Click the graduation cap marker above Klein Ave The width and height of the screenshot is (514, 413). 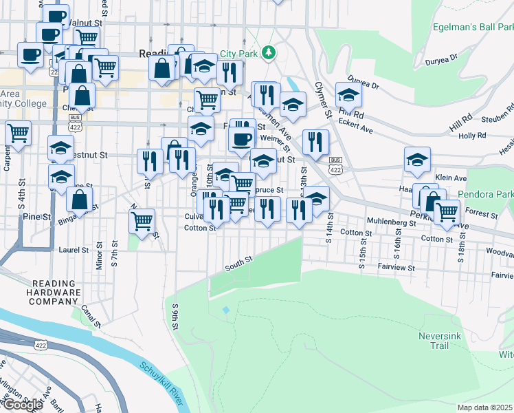coord(417,160)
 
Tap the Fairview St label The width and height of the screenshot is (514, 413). coord(396,266)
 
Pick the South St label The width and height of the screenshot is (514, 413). coord(239,261)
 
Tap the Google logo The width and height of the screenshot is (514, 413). coord(23,405)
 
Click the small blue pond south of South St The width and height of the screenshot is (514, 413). coord(226,310)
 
